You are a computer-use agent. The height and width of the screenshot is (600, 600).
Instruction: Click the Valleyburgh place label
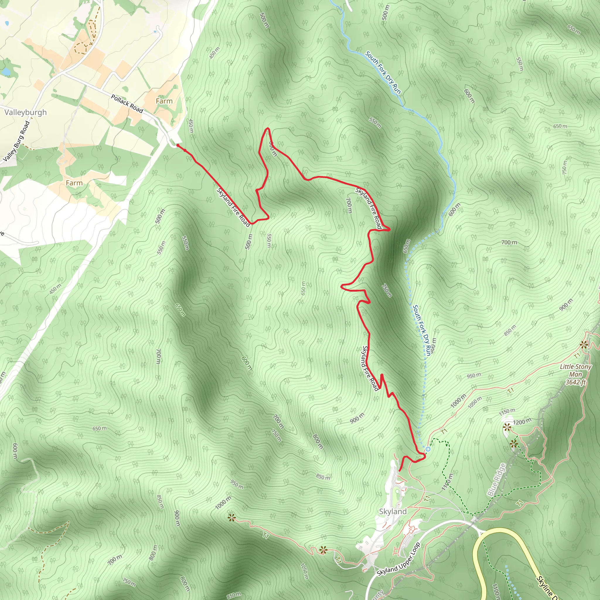pos(25,112)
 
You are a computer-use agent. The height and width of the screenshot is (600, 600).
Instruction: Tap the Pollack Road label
pos(127,104)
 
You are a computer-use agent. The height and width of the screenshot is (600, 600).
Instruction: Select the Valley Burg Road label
pos(17,141)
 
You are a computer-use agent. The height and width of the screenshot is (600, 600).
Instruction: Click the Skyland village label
pos(393,511)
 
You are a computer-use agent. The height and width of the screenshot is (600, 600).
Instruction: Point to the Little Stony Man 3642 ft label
pos(575,374)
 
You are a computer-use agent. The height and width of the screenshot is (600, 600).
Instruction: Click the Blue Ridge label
pos(496,480)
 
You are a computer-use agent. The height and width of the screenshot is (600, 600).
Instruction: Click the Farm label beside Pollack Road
pos(164,101)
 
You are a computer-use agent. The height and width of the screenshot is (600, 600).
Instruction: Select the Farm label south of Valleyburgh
pos(74,183)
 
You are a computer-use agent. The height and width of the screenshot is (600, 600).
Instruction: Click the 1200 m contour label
pos(522,422)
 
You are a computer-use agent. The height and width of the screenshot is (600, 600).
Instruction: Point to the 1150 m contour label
pos(507,412)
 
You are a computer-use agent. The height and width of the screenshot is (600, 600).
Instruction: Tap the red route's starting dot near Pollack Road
pos(178,145)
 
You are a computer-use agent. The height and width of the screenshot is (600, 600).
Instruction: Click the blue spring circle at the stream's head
pos(428,449)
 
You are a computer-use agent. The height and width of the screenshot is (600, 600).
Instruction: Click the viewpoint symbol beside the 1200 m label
pos(507,428)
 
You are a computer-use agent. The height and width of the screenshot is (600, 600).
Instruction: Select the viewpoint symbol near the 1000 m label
pos(231,518)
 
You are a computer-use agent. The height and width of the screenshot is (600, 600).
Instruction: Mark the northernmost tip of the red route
pos(267,128)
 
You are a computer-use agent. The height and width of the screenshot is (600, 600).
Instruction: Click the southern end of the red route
pos(399,471)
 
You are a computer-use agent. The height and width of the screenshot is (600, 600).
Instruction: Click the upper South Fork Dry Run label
pos(383,73)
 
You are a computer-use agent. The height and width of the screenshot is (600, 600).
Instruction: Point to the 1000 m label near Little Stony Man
pos(458,400)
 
